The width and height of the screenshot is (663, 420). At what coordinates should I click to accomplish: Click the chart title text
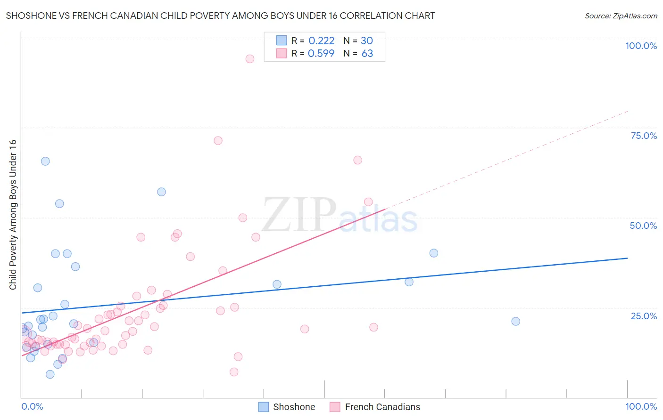click(x=220, y=16)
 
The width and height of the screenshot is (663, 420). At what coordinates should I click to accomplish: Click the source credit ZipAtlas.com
click(x=621, y=16)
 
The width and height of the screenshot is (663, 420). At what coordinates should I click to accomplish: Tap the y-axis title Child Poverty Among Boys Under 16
click(x=13, y=215)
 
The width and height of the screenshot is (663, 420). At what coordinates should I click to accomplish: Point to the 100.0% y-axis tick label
click(x=641, y=46)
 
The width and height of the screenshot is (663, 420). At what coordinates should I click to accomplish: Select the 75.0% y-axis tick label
click(x=644, y=136)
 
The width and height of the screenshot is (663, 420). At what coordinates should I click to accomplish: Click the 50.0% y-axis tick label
click(x=643, y=226)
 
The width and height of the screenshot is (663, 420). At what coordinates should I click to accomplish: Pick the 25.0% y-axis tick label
click(x=644, y=315)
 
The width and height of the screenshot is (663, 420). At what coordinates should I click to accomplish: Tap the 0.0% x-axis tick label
click(x=32, y=406)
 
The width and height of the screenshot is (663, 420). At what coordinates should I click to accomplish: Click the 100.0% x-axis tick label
click(x=641, y=406)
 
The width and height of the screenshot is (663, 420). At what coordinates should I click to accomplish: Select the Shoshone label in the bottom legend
click(x=294, y=407)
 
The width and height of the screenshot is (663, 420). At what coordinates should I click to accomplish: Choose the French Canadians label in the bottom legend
click(x=382, y=407)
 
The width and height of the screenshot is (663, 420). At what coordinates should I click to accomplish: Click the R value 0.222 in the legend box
click(x=321, y=40)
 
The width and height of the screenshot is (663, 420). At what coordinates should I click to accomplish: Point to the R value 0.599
click(x=321, y=53)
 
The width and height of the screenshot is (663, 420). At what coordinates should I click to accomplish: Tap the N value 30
click(x=367, y=40)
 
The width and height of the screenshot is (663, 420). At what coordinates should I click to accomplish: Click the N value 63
click(x=367, y=53)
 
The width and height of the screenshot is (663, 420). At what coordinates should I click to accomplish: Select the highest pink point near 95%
click(x=250, y=59)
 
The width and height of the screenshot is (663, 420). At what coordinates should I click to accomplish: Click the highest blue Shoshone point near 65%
click(x=45, y=161)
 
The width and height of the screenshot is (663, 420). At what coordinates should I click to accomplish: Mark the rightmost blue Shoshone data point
click(x=515, y=321)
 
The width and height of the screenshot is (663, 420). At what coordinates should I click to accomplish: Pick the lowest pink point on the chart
click(x=234, y=372)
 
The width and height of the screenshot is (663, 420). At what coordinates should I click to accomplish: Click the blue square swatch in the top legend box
click(x=282, y=40)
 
